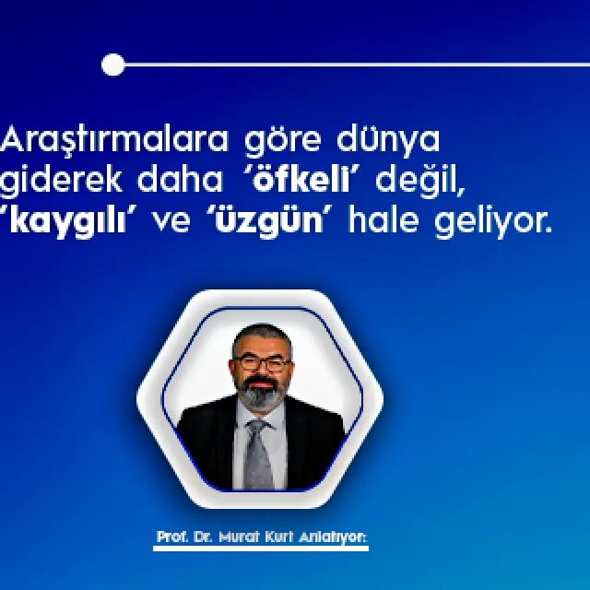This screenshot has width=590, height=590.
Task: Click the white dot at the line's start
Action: (x=112, y=65)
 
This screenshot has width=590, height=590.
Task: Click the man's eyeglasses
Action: (x=260, y=363)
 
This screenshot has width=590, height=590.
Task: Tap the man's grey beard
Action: (x=261, y=395)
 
